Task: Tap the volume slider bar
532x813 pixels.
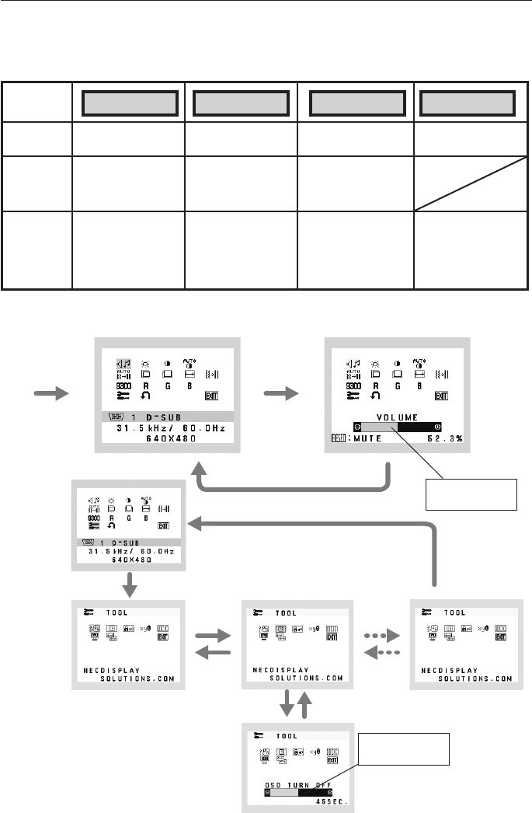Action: coord(397,427)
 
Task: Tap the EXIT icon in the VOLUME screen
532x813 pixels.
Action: coord(441,396)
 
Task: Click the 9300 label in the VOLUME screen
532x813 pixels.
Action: coord(354,386)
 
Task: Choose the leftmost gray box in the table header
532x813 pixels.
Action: coord(128,102)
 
